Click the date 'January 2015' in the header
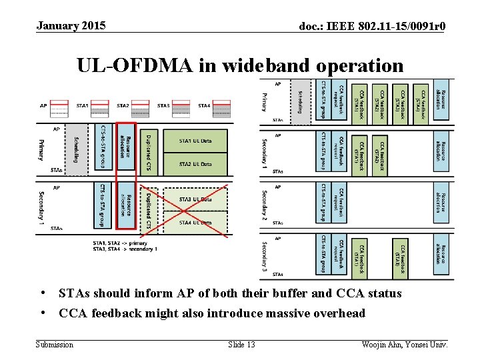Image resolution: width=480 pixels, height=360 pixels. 71,26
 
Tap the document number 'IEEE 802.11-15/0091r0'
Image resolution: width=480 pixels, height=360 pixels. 386,27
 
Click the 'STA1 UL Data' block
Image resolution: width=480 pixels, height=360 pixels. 196,141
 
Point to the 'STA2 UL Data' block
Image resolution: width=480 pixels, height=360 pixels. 196,163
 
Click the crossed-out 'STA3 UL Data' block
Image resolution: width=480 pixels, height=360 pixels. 196,199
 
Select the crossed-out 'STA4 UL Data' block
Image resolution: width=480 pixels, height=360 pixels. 196,222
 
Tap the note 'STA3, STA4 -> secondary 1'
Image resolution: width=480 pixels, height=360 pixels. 125,249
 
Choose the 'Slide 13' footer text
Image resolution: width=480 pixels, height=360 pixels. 241,345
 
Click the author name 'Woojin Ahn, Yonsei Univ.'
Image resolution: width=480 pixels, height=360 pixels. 404,345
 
